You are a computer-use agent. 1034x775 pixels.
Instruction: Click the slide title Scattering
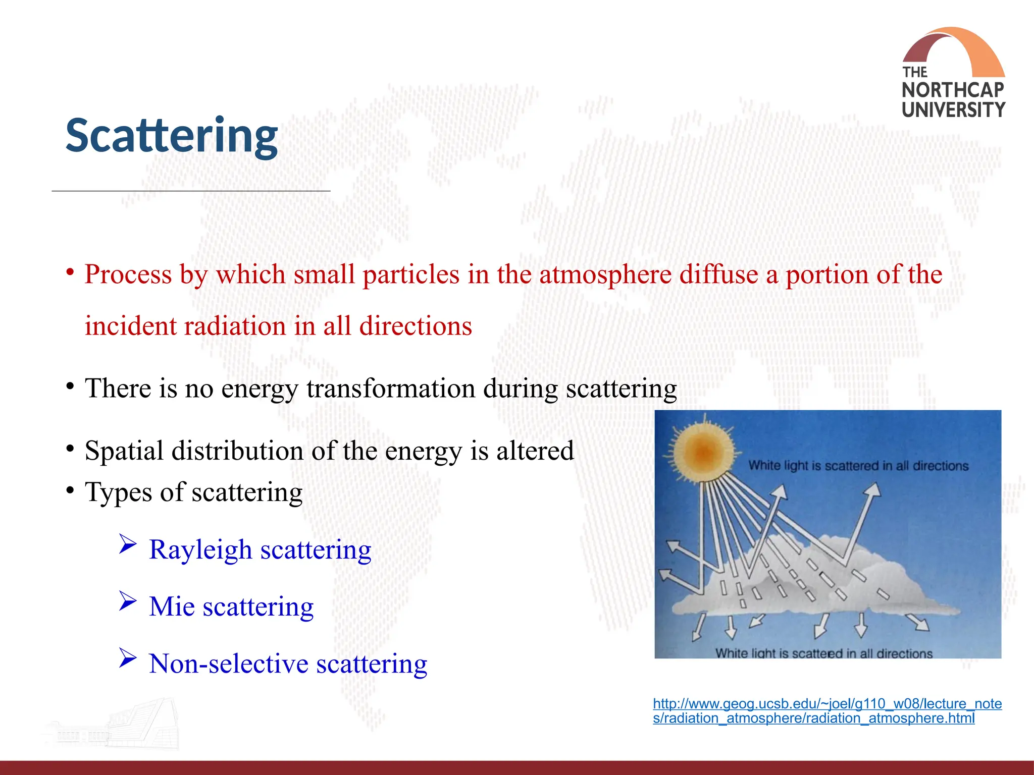tap(172, 135)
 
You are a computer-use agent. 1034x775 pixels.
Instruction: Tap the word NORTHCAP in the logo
tap(953, 90)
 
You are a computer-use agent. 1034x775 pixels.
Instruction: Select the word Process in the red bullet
tap(128, 274)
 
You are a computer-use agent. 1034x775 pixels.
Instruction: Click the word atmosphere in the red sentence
tap(605, 274)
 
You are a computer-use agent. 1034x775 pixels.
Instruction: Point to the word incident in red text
tap(130, 326)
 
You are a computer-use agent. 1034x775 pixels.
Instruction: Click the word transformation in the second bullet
tap(390, 389)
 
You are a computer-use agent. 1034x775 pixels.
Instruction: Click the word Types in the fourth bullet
tap(118, 492)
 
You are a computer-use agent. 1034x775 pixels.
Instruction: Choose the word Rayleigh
tap(200, 549)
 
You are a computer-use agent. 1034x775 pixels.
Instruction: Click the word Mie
tap(172, 606)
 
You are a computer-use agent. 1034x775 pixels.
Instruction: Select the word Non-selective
tap(228, 663)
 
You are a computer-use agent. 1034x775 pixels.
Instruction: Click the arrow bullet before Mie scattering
tap(128, 601)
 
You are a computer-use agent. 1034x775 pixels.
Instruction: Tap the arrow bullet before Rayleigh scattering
tap(128, 544)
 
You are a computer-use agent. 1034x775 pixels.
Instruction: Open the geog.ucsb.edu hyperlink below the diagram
tap(826, 710)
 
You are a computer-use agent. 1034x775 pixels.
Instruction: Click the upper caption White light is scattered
tap(858, 465)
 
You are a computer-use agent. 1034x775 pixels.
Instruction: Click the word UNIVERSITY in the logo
tap(953, 110)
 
